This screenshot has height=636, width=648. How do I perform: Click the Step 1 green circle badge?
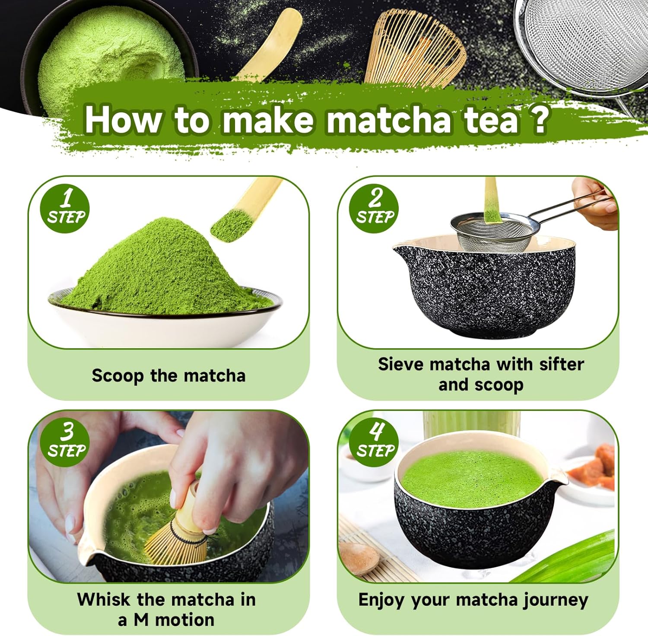pyautogui.click(x=65, y=209)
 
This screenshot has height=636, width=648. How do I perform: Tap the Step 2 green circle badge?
pyautogui.click(x=374, y=209)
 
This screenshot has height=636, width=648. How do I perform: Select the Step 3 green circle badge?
pyautogui.click(x=65, y=442)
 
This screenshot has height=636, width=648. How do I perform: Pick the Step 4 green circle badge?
pyautogui.click(x=374, y=442)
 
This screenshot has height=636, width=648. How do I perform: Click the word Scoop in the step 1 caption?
pyautogui.click(x=118, y=376)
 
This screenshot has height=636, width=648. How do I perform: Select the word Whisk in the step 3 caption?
pyautogui.click(x=104, y=599)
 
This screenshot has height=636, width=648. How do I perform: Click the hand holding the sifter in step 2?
pyautogui.click(x=596, y=203)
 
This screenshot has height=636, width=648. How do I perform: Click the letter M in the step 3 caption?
pyautogui.click(x=141, y=620)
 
